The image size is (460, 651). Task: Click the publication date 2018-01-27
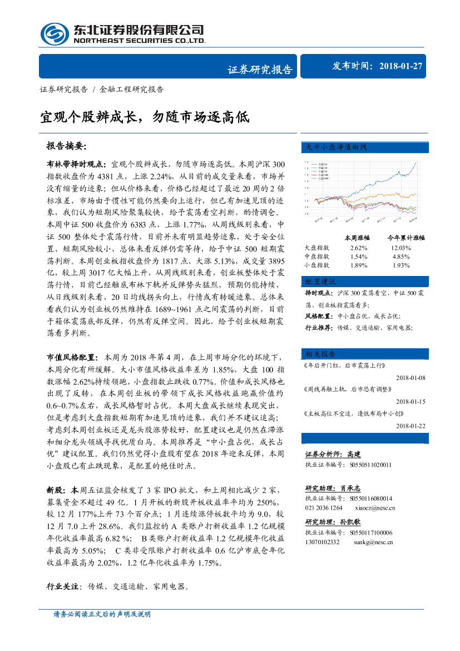(401, 66)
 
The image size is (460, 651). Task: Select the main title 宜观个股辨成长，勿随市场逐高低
(145, 117)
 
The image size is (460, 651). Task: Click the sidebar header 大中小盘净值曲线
(335, 147)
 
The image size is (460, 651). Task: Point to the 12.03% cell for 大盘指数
(400, 248)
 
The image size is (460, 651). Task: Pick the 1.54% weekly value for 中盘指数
(359, 257)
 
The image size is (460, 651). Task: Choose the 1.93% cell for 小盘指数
(400, 265)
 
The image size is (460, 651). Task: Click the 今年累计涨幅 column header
(405, 237)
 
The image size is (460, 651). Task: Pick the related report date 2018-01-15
(410, 401)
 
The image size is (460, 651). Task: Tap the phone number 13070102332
(322, 541)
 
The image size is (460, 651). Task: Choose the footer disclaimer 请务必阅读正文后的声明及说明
(102, 614)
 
